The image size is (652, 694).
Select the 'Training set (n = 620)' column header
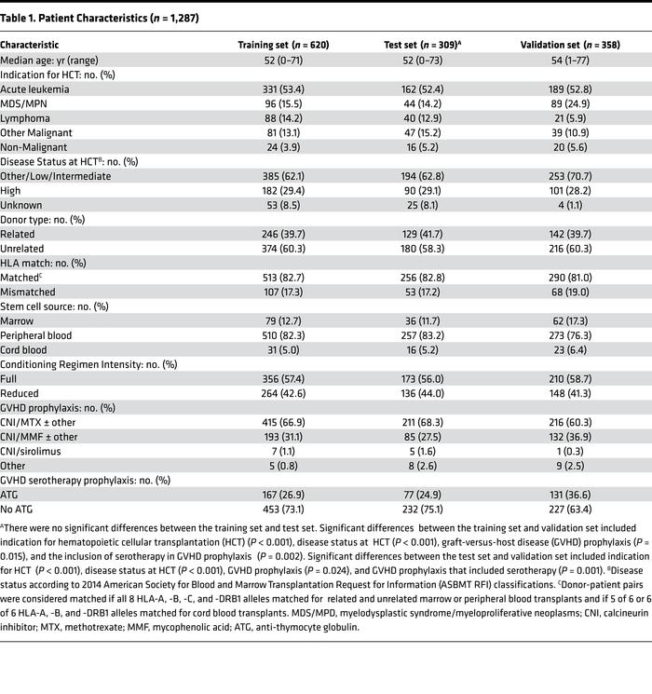pyautogui.click(x=282, y=45)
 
